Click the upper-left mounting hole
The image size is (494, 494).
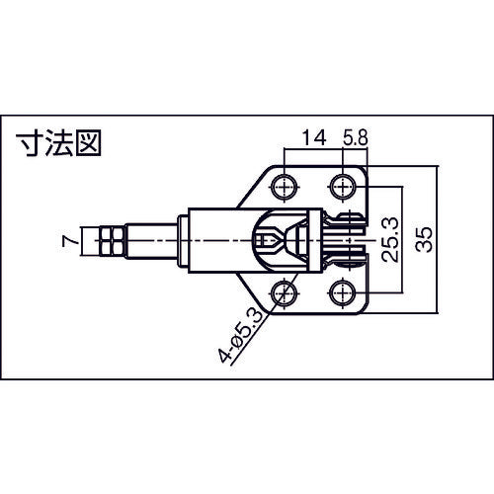(285, 185)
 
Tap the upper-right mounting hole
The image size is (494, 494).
(344, 185)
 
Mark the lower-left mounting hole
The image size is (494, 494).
(285, 292)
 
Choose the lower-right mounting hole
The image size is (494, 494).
(344, 292)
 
